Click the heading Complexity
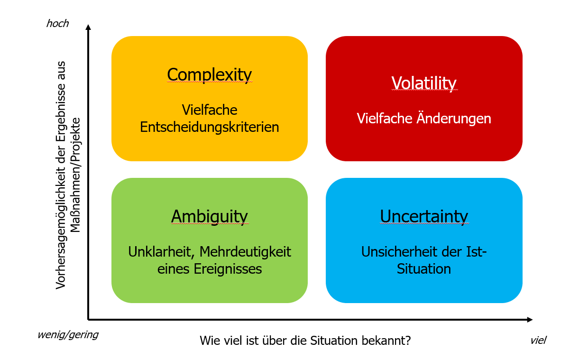[210, 75]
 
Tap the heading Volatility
[424, 83]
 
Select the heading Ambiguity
[210, 216]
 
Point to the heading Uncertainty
[424, 216]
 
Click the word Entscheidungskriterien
[210, 127]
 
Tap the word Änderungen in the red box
[454, 119]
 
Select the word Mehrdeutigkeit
[245, 252]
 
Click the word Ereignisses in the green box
[228, 269]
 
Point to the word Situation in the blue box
[424, 269]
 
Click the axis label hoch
[57, 24]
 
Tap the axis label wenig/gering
[68, 335]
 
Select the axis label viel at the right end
[538, 341]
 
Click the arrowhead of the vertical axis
[88, 27]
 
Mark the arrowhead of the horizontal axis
[530, 320]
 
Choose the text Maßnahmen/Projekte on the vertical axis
[75, 175]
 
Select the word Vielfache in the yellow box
[210, 110]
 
